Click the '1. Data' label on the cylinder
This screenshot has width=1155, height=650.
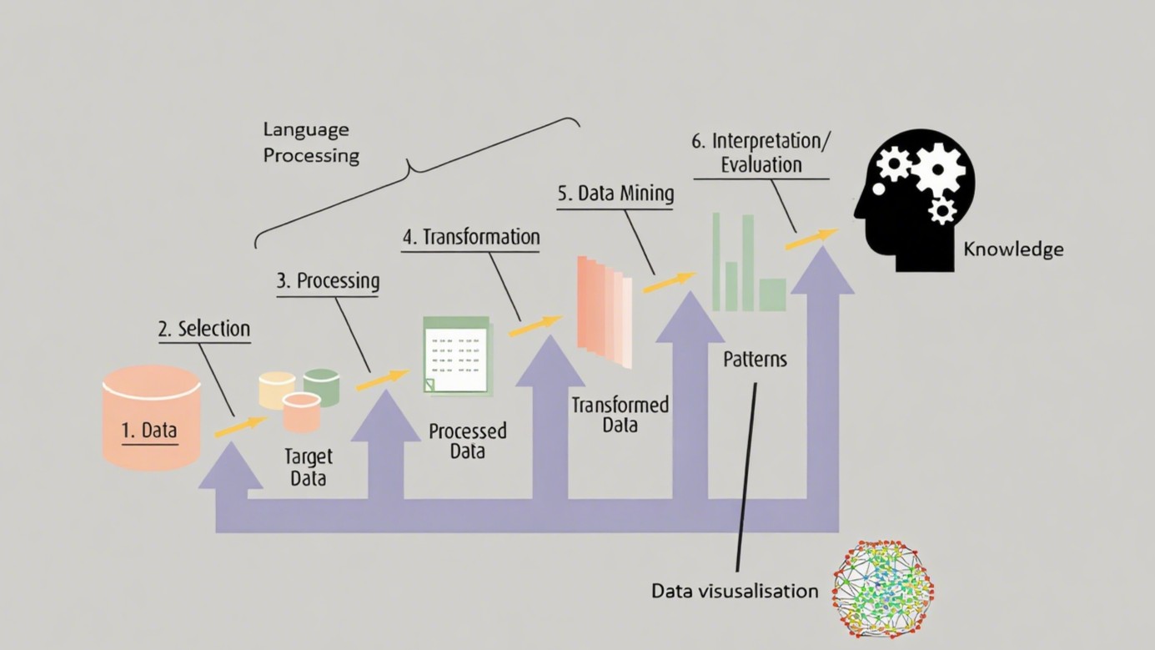click(x=149, y=431)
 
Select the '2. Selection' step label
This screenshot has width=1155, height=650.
click(x=204, y=329)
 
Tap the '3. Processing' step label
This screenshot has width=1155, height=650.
click(x=328, y=281)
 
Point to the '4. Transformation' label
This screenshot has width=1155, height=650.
click(x=471, y=237)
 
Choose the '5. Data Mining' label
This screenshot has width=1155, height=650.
click(x=615, y=194)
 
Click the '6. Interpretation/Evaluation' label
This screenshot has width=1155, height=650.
click(x=761, y=152)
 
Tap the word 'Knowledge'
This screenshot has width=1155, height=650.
click(x=1013, y=249)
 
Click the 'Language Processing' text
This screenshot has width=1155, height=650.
click(x=310, y=143)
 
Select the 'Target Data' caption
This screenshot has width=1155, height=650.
click(x=308, y=467)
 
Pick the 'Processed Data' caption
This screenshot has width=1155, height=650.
click(x=467, y=441)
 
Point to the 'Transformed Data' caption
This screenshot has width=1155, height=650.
click(x=620, y=415)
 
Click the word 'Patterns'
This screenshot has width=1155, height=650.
click(x=755, y=360)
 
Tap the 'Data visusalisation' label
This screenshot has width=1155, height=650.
click(x=735, y=591)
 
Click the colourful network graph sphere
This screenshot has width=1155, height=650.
click(x=883, y=589)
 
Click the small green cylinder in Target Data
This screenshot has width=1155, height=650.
click(x=322, y=386)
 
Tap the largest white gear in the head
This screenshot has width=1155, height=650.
click(x=939, y=168)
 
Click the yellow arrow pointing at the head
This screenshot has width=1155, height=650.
click(x=811, y=239)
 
